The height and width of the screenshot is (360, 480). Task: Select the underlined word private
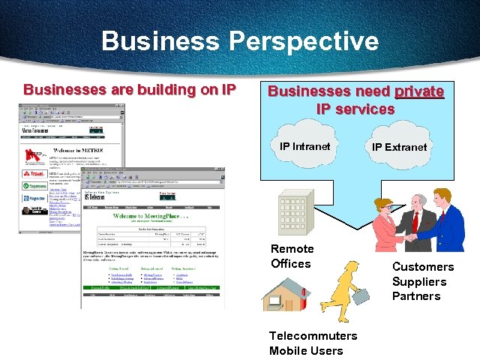point(419,91)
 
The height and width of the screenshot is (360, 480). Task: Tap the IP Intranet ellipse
point(304,147)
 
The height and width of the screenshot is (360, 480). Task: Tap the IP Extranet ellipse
point(399,148)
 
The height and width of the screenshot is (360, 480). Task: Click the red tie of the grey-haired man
point(414,222)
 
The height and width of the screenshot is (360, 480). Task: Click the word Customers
point(422,267)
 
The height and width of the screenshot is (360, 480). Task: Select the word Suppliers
point(419,281)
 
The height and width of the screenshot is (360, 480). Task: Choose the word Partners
point(416,295)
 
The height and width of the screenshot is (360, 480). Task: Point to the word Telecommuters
point(313,335)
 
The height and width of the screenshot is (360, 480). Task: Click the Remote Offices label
point(292,256)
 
